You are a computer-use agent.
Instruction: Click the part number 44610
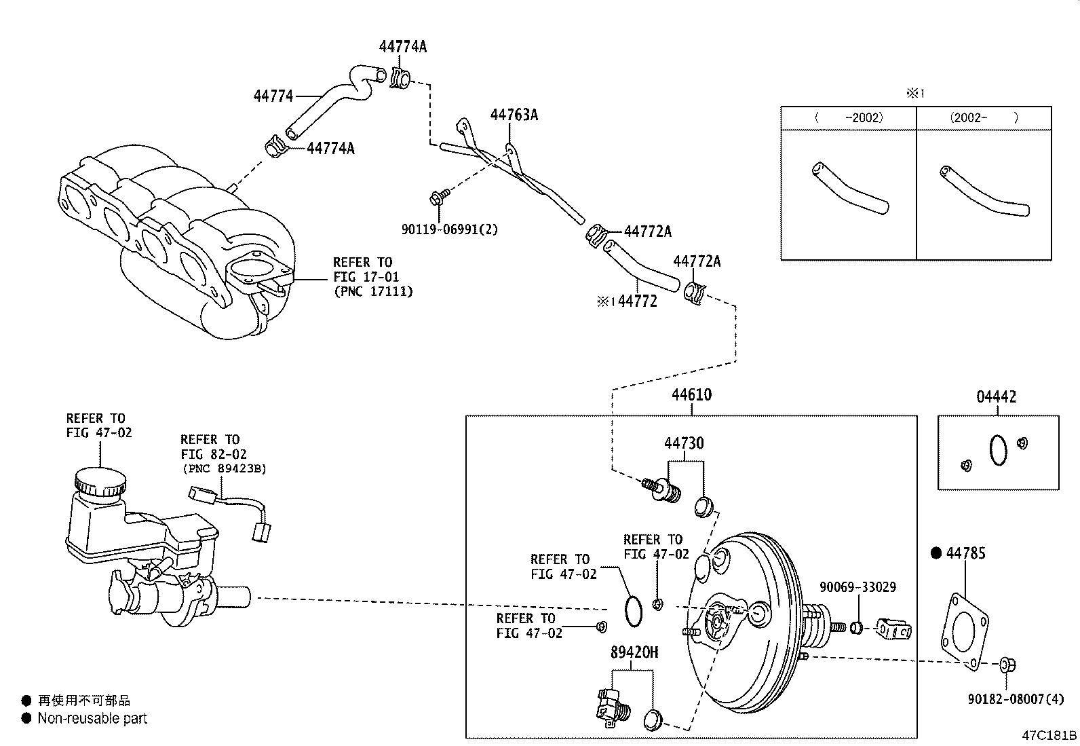click(x=691, y=395)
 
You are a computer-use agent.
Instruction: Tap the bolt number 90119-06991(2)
click(x=449, y=229)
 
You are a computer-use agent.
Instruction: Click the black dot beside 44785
click(x=937, y=553)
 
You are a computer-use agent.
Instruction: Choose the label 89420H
click(x=634, y=652)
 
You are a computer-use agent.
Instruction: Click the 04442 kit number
click(x=997, y=397)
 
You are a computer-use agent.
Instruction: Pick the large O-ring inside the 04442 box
click(x=998, y=451)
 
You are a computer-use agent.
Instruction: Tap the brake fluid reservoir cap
click(x=100, y=481)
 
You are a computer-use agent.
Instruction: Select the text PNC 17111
click(x=372, y=292)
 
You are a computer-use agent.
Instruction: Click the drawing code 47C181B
click(x=1049, y=735)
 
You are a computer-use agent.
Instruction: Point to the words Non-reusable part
click(x=92, y=718)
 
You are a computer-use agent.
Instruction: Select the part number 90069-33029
click(x=857, y=587)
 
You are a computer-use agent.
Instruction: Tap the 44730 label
click(x=683, y=443)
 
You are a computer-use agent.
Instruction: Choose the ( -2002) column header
click(x=849, y=117)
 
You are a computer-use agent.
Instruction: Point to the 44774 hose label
click(x=273, y=96)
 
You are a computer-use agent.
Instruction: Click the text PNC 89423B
click(x=223, y=468)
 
